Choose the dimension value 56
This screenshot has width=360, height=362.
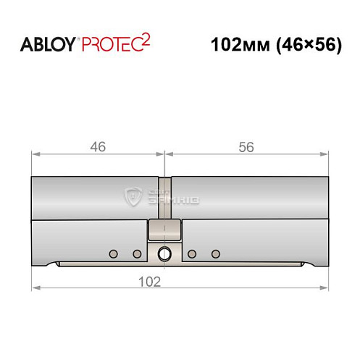click(x=246, y=146)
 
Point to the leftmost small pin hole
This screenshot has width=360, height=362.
click(x=112, y=253)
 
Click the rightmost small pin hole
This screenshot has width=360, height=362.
click(x=215, y=253)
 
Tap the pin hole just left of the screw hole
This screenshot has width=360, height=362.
click(x=136, y=253)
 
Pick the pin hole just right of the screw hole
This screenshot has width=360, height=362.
click(x=191, y=253)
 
